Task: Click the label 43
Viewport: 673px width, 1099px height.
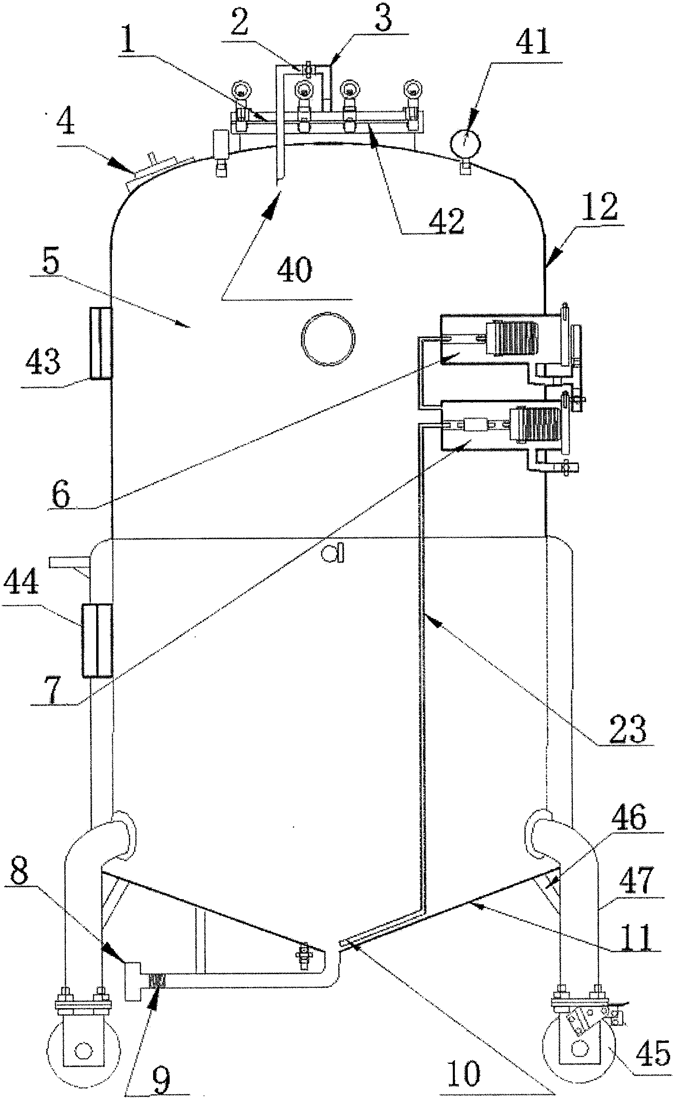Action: [43, 360]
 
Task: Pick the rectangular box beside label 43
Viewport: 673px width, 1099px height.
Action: [100, 343]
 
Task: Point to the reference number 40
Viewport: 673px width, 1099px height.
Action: [294, 269]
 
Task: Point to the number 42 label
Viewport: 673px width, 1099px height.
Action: [446, 221]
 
